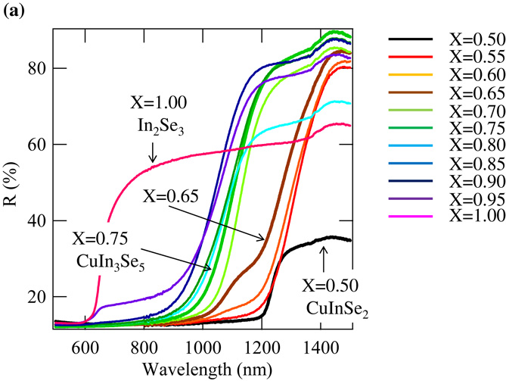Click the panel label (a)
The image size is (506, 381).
click(x=14, y=13)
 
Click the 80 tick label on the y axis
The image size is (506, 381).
click(x=37, y=68)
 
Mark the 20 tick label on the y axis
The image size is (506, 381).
click(x=37, y=296)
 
